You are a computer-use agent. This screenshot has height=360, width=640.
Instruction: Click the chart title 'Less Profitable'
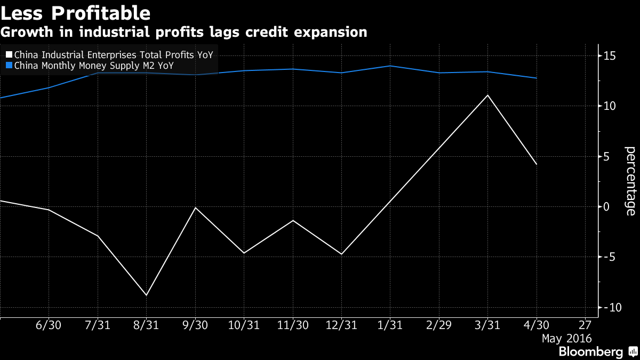tap(75, 12)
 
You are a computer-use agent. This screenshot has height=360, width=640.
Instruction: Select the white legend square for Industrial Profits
tap(8, 54)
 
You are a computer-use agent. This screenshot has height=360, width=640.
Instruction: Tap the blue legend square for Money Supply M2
tap(8, 66)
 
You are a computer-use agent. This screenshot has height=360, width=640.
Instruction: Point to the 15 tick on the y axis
tap(610, 56)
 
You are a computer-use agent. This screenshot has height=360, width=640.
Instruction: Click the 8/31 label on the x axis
tap(146, 325)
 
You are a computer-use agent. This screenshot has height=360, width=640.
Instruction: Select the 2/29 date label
tap(439, 325)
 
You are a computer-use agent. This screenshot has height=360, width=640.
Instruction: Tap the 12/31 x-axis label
tap(341, 325)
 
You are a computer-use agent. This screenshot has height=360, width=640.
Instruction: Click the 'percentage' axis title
tap(630, 181)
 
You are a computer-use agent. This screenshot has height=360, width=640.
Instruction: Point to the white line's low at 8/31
tap(146, 295)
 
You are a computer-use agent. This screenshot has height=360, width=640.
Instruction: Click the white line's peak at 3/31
tap(487, 95)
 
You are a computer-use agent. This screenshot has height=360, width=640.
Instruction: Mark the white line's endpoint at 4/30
tap(537, 164)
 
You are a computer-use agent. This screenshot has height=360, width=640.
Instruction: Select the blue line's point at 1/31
tap(390, 66)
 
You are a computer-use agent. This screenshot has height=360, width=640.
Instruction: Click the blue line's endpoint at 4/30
tap(537, 78)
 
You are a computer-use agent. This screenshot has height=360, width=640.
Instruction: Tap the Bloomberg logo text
tap(590, 352)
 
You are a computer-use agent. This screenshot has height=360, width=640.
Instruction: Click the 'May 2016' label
tap(566, 338)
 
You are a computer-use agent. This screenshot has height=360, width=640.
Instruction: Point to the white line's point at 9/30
tap(195, 207)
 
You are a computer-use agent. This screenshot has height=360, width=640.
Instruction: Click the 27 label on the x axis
tap(585, 325)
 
